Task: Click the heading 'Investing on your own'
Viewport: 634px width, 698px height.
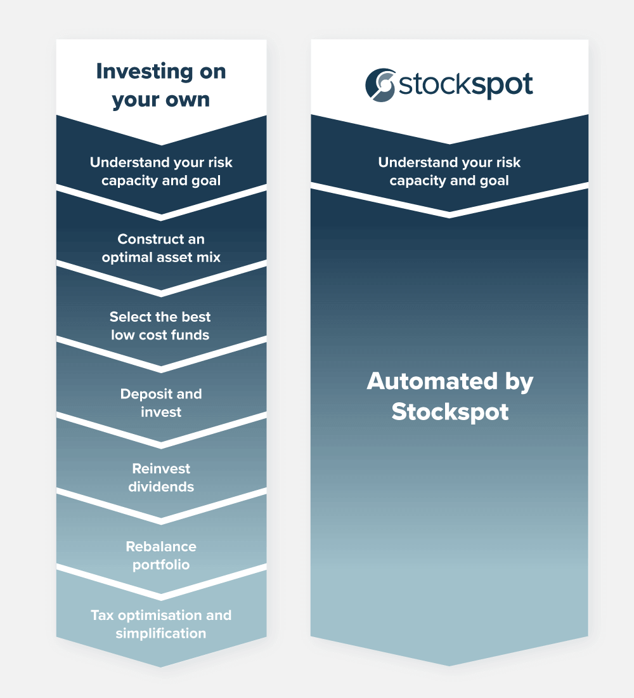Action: pyautogui.click(x=161, y=86)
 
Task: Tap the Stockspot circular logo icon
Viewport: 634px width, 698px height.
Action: pyautogui.click(x=380, y=84)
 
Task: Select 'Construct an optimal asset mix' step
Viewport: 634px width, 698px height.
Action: pyautogui.click(x=161, y=249)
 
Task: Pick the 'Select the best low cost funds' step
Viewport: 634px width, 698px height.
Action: pyautogui.click(x=160, y=326)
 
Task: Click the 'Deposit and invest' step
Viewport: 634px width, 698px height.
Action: pyautogui.click(x=161, y=403)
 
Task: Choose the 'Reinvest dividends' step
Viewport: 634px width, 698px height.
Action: pyautogui.click(x=161, y=478)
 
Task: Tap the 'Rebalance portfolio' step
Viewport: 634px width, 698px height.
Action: pyautogui.click(x=161, y=555)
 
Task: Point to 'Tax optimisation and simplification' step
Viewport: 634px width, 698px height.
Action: pyautogui.click(x=161, y=624)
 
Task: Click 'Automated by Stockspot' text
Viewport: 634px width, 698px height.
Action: pyautogui.click(x=450, y=397)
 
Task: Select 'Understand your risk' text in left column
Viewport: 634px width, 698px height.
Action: pyautogui.click(x=161, y=162)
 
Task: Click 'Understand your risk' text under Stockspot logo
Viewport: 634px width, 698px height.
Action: pyautogui.click(x=449, y=162)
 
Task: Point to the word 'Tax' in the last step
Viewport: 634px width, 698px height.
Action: pyautogui.click(x=101, y=615)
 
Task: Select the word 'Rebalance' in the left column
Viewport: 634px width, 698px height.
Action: pyautogui.click(x=161, y=546)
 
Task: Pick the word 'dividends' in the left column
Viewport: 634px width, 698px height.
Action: pyautogui.click(x=161, y=487)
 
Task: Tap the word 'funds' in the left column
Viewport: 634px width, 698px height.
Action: pyautogui.click(x=190, y=335)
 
